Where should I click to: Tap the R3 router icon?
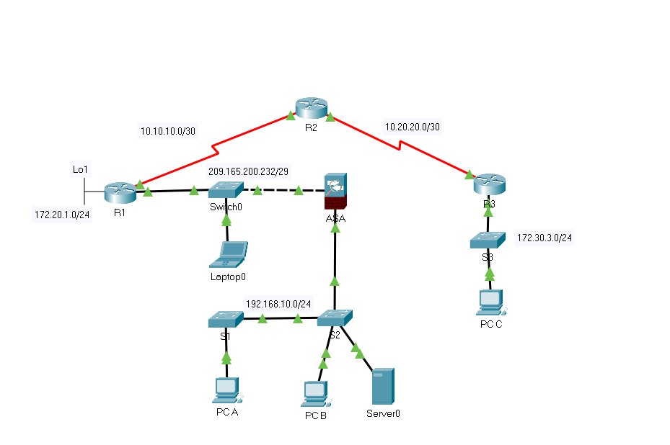488,184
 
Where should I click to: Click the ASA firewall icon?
335,192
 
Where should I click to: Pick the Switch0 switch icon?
226,190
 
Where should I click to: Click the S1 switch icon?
226,319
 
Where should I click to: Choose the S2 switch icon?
335,318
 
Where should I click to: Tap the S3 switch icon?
488,241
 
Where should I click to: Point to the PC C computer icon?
490,303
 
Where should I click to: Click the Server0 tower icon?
382,387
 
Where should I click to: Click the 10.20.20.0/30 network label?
413,126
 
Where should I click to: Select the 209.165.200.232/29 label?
248,172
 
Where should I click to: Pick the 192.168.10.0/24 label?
278,303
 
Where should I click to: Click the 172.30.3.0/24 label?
545,237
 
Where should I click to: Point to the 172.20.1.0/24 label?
63,215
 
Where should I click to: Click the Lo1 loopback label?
79,170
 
